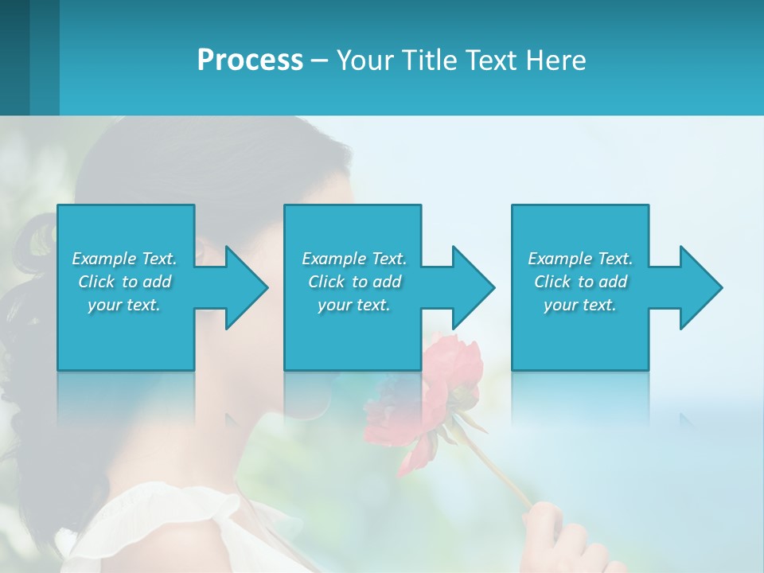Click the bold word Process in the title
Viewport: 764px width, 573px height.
click(250, 60)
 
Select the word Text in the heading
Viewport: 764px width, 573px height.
click(488, 60)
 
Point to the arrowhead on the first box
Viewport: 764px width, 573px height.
click(246, 287)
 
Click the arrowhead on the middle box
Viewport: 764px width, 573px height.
click(473, 287)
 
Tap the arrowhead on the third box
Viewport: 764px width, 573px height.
click(700, 287)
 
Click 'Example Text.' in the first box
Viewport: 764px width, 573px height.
click(124, 259)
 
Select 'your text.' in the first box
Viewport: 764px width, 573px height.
click(124, 305)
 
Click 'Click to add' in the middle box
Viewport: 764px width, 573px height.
click(354, 282)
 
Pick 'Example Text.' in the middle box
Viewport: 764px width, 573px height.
click(354, 259)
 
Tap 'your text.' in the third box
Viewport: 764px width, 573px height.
click(580, 305)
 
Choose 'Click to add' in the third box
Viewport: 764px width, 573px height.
click(580, 282)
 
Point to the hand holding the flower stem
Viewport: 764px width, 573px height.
click(557, 533)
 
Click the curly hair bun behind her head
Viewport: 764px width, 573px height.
click(32, 239)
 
